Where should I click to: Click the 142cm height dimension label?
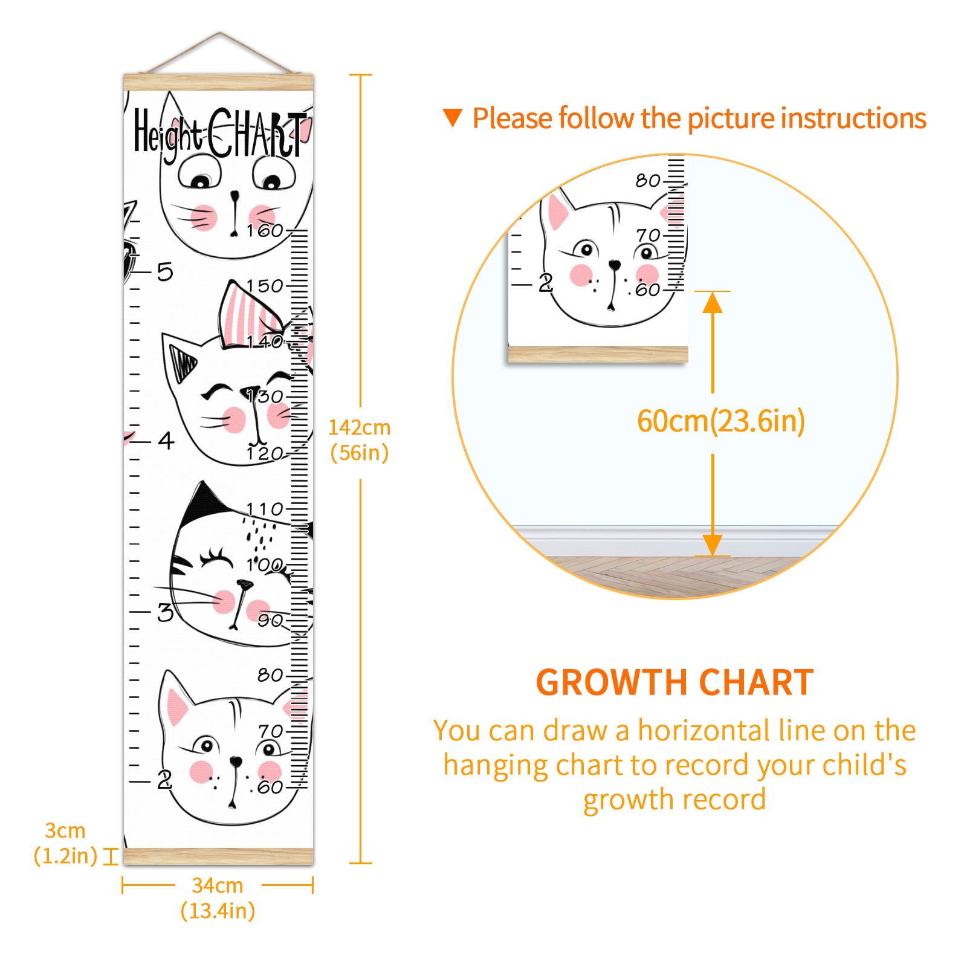359,440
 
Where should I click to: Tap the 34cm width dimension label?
218,898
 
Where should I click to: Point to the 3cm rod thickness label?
65,843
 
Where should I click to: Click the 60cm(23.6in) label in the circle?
721,421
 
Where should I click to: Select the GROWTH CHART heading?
674,682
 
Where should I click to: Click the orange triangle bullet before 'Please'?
452,118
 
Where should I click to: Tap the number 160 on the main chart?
265,230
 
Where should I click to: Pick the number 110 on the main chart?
265,509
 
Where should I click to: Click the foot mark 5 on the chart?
165,272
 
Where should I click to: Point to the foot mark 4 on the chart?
166,441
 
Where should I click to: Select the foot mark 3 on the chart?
165,612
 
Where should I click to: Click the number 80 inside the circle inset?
648,180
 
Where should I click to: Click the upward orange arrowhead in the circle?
713,302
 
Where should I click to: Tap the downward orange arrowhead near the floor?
713,545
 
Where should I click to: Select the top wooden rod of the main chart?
219,82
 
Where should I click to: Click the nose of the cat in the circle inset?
615,265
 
